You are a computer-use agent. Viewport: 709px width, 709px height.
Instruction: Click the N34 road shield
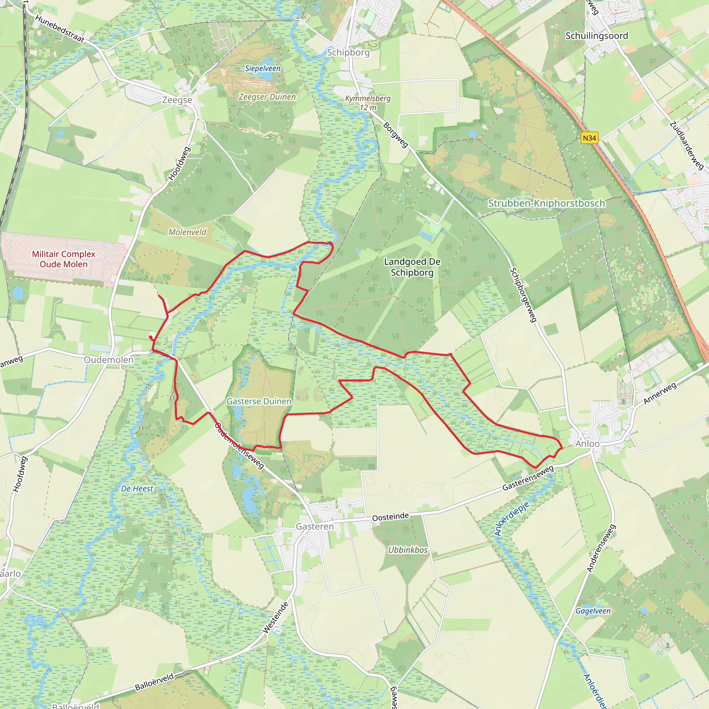[x=589, y=138]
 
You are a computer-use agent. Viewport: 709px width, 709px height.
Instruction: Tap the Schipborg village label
[x=348, y=53]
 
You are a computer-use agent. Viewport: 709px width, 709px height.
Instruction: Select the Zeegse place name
[x=177, y=100]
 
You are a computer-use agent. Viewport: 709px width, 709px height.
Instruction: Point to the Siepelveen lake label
[x=263, y=69]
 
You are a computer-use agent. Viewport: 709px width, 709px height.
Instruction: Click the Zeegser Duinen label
[x=267, y=97]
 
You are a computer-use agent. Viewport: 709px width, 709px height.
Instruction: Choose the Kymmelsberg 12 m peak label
[x=368, y=103]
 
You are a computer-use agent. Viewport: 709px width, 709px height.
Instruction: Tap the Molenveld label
[x=187, y=232]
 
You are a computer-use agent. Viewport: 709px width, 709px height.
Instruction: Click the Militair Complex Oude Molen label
[x=63, y=259]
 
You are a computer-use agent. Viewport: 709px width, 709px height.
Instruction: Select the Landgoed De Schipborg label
[x=412, y=267]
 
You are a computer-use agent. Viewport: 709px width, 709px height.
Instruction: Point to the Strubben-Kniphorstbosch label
[x=546, y=203]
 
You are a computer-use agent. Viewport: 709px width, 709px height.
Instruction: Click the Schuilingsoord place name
[x=597, y=36]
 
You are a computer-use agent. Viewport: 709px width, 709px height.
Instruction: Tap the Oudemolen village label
[x=109, y=360]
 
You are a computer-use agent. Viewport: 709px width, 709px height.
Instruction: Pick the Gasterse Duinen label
[x=259, y=402]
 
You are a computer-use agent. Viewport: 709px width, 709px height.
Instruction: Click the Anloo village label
[x=587, y=444]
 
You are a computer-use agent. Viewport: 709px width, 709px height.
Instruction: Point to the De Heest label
[x=137, y=489]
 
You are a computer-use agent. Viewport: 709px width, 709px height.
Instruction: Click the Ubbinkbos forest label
[x=408, y=550]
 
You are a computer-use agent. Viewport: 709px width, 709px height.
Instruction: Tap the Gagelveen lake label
[x=593, y=611]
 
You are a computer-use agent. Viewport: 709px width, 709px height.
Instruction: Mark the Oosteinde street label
[x=391, y=517]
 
